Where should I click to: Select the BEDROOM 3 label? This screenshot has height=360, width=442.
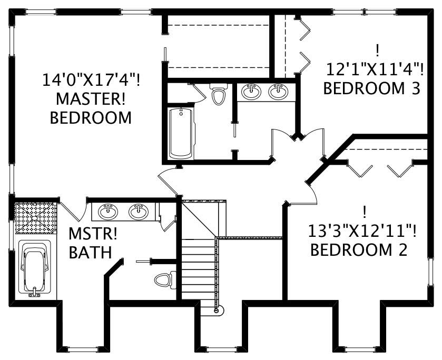click(371, 88)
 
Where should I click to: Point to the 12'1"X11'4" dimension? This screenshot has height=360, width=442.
click(374, 68)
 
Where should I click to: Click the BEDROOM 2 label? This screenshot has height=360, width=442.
click(358, 249)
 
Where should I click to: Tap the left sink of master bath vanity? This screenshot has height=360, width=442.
click(109, 211)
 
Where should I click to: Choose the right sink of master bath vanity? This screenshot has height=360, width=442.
click(138, 211)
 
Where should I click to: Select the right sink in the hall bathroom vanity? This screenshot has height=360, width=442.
click(278, 92)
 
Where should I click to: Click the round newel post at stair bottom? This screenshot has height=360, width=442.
click(217, 311)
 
